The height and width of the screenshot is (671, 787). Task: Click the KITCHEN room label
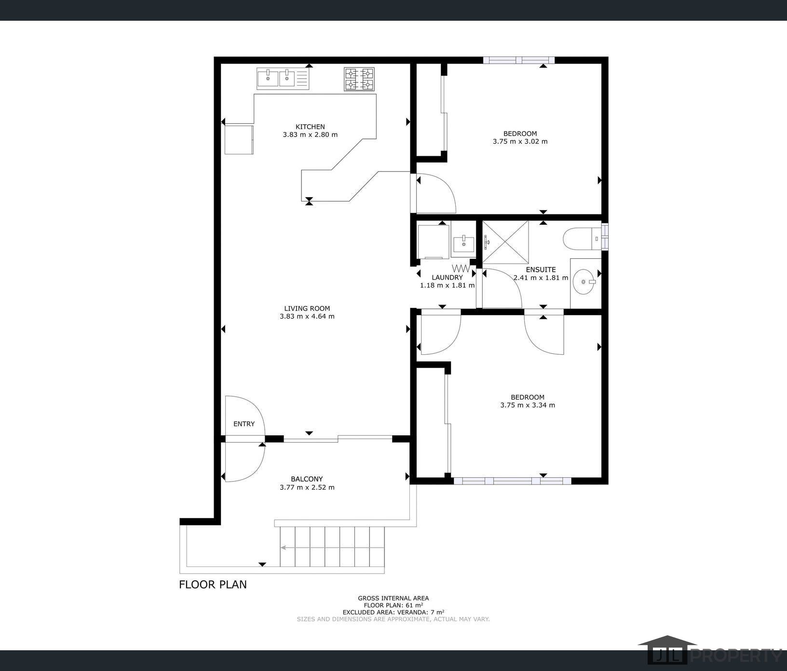click(310, 127)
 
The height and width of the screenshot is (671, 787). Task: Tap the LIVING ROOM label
click(307, 309)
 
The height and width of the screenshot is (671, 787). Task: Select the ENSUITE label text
click(541, 270)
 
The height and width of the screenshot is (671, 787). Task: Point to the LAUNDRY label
click(447, 278)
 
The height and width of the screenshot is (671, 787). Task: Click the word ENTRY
click(244, 424)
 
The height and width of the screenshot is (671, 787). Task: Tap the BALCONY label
click(307, 479)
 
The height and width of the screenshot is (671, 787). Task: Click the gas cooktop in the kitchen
click(359, 79)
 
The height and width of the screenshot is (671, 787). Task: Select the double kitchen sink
click(283, 79)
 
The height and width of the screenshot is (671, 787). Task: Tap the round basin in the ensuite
click(584, 282)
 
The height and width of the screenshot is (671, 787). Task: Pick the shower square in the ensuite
click(505, 242)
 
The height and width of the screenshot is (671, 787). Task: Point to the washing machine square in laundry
click(434, 242)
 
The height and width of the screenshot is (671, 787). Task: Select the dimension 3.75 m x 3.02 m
click(520, 142)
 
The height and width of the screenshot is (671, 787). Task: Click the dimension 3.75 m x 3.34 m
click(528, 405)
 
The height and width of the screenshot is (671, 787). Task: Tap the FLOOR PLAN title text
click(213, 585)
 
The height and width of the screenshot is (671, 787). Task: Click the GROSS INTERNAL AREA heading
click(393, 598)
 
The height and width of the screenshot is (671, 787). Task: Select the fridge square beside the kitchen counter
click(239, 140)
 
